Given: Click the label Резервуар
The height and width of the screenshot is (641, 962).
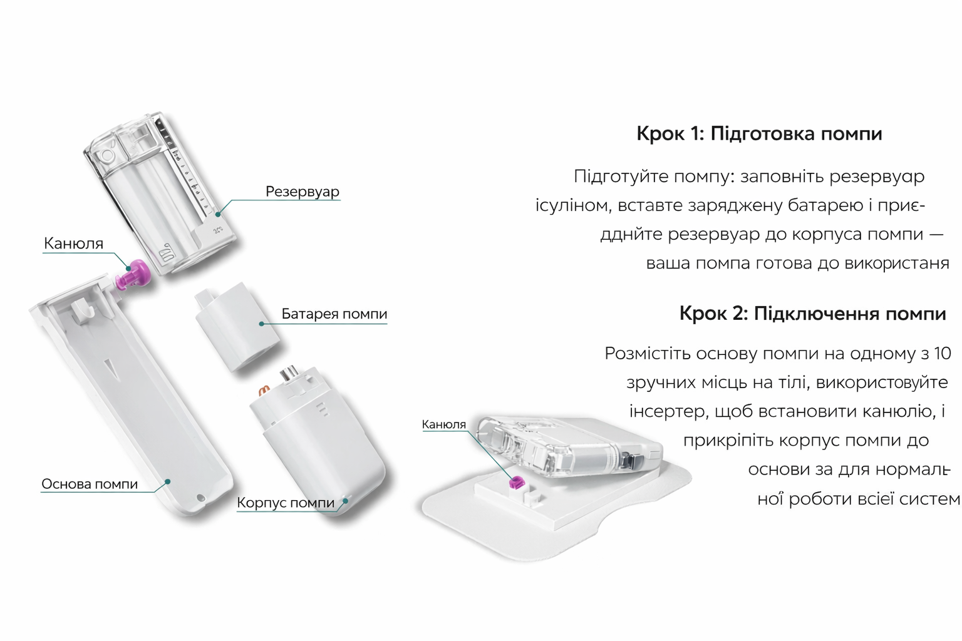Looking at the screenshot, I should [x=302, y=192].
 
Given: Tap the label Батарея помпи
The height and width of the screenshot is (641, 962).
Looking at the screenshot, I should [x=334, y=314].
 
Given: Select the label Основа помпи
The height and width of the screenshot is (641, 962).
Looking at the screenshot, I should [x=90, y=484].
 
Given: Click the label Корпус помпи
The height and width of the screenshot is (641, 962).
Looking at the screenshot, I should [x=286, y=503].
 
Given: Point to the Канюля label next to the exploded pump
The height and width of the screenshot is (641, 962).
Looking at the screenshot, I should [x=73, y=244].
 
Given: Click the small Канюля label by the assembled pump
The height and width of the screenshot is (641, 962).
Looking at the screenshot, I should [x=443, y=424].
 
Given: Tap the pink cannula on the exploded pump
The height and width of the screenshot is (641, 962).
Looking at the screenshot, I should [x=134, y=275].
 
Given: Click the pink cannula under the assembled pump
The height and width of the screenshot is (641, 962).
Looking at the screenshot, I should [x=517, y=481].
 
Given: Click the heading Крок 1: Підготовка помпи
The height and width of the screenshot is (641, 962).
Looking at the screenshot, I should [x=759, y=134].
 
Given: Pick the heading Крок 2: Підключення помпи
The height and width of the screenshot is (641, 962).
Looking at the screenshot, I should [x=812, y=313].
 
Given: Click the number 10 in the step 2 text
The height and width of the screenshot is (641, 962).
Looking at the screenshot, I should [x=942, y=354].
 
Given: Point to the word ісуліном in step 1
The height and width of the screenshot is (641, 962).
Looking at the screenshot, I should [x=572, y=205].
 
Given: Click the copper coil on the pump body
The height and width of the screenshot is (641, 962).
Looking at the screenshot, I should [x=264, y=391].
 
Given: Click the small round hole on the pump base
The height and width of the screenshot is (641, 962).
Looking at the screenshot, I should [x=200, y=498].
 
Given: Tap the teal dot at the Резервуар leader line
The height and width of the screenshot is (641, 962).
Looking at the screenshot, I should [x=218, y=215].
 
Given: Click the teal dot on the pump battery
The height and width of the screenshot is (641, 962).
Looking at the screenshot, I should [x=262, y=324].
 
